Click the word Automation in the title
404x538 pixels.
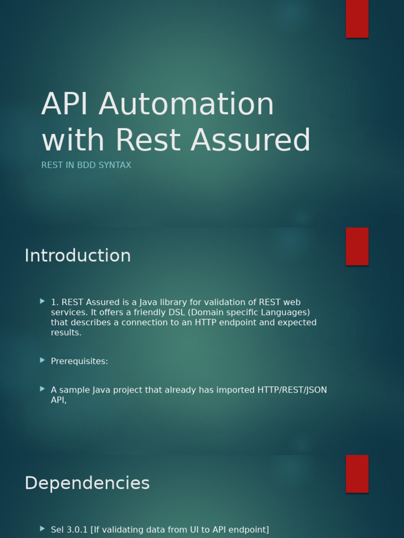point(186,104)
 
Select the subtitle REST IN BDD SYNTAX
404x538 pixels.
point(86,165)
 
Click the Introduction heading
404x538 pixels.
point(78,256)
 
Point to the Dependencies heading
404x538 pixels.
point(87,483)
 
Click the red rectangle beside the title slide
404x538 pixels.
point(357,18)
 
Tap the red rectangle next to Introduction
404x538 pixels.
point(357,246)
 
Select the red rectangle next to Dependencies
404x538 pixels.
point(357,474)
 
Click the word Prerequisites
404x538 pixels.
point(79,361)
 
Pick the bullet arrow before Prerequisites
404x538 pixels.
point(43,360)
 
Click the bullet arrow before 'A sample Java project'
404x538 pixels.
point(43,389)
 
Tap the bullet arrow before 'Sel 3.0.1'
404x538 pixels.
point(43,529)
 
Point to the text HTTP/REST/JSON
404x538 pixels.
point(292,390)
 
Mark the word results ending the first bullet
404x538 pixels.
point(66,333)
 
